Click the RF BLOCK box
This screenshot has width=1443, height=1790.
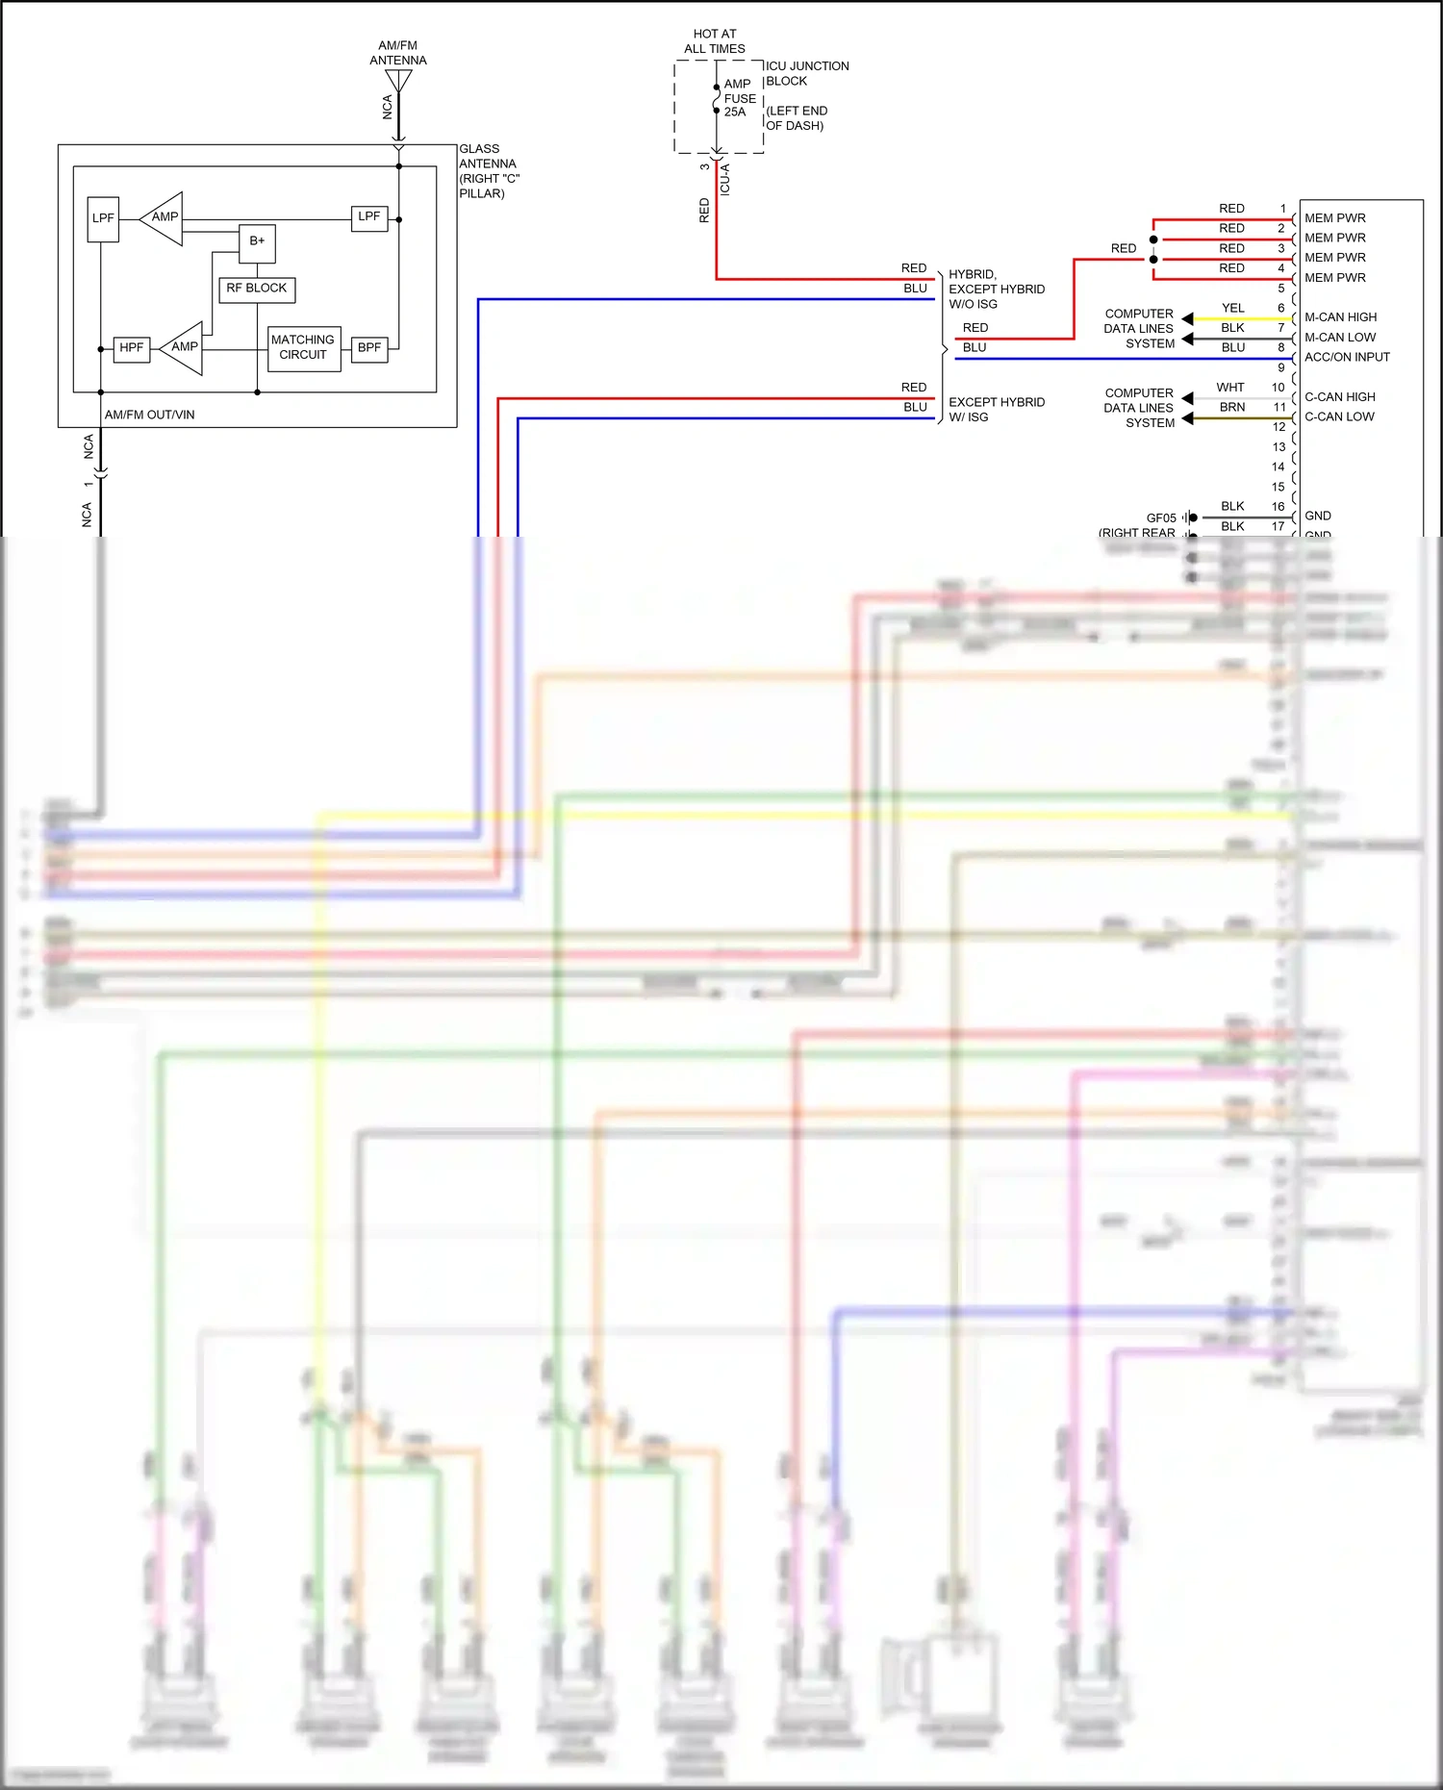click(256, 289)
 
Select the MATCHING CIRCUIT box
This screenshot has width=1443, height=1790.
click(303, 347)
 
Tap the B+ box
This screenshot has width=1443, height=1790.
click(257, 241)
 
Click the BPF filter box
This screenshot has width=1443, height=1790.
click(368, 348)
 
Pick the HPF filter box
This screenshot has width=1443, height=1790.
click(131, 348)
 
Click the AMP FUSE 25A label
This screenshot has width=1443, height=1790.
click(739, 98)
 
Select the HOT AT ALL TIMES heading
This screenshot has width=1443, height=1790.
click(714, 41)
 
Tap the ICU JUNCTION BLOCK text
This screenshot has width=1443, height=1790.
click(806, 73)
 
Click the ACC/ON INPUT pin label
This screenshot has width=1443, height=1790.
click(1346, 357)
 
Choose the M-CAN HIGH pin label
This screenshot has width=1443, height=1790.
click(1339, 317)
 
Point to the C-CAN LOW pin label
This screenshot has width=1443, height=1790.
click(1338, 416)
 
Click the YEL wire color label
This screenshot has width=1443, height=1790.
click(1232, 308)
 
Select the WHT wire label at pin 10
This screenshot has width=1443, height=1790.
click(1229, 388)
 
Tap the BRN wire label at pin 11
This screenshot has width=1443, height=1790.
click(1231, 408)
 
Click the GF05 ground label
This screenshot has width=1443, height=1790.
click(1160, 517)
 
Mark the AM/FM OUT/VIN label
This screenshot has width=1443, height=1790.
click(149, 415)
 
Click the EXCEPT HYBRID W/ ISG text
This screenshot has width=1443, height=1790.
click(996, 410)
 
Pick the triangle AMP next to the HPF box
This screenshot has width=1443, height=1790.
click(183, 348)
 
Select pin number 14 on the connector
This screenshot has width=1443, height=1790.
click(1278, 466)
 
